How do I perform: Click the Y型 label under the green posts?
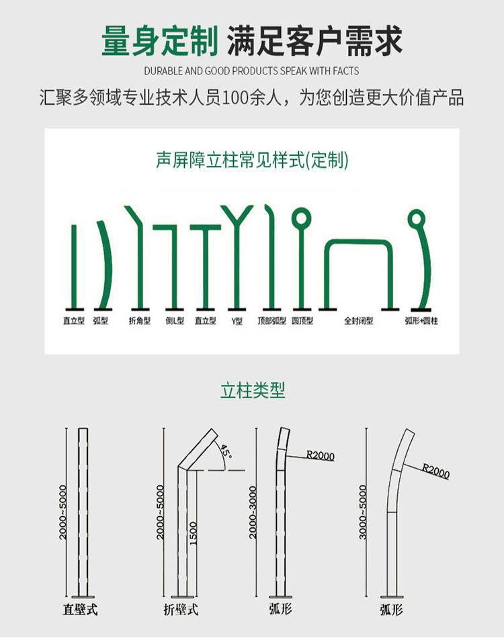237,321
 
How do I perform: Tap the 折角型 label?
140,321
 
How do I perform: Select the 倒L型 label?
175,321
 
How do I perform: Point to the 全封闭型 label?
358,321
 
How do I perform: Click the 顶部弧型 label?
272,321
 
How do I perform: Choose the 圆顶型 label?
302,321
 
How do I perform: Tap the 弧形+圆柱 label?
421,321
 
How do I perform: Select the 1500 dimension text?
194,533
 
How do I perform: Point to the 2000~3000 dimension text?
253,512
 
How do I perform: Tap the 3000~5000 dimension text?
363,512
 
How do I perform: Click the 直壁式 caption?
80,609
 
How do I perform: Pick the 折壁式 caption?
181,609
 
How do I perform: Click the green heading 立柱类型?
253,391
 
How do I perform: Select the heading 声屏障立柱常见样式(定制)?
252,160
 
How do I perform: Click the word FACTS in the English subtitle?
345,71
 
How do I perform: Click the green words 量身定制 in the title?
160,41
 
